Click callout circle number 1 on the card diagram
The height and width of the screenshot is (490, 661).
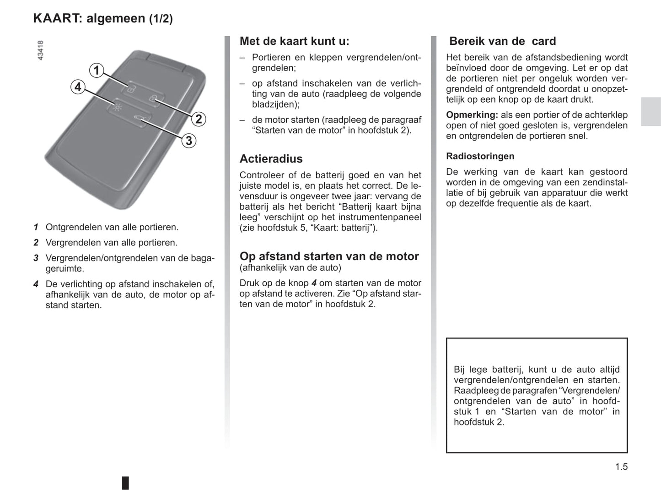click(x=96, y=71)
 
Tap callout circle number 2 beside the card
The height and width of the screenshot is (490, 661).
click(x=198, y=120)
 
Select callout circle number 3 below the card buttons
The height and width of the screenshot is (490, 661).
click(x=188, y=141)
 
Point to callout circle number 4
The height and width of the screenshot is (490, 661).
click(x=78, y=87)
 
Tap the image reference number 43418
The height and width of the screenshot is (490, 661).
click(x=40, y=50)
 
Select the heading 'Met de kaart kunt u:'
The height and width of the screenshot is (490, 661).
click(x=294, y=41)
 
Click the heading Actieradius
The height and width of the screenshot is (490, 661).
click(x=271, y=159)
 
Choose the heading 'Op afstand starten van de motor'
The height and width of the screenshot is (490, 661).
click(x=329, y=256)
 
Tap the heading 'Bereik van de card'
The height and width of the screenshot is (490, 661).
click(x=502, y=41)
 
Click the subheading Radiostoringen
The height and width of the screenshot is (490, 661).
click(x=480, y=156)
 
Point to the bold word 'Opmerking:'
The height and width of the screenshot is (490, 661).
click(x=472, y=115)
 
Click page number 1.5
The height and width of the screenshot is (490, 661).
click(x=621, y=467)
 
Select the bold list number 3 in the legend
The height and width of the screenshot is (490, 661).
click(x=36, y=258)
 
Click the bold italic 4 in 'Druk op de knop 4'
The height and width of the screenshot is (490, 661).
click(x=314, y=283)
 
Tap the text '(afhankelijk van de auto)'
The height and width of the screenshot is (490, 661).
click(x=290, y=268)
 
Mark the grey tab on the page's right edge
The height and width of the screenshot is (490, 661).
click(x=650, y=112)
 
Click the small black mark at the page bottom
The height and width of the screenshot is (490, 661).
click(x=125, y=483)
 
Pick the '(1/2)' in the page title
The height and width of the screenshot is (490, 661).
click(x=161, y=19)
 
